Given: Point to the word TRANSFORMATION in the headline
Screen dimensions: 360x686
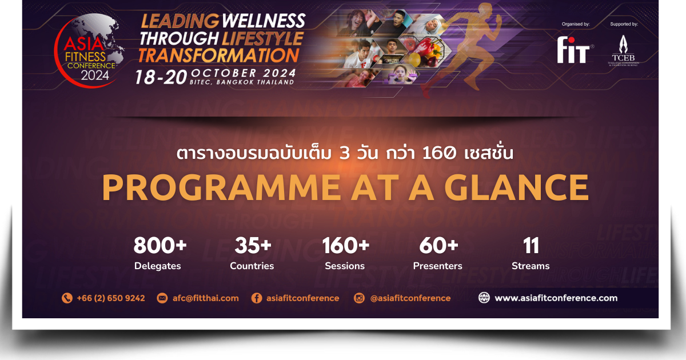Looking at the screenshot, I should (219, 55).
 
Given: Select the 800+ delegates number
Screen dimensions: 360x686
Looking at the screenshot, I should (160, 246).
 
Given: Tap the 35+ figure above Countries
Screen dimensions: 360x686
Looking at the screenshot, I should (253, 246).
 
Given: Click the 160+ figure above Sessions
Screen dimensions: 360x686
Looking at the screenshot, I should (345, 246).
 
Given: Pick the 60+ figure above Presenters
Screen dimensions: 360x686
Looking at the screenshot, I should (438, 246).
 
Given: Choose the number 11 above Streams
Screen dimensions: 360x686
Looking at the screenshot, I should (531, 246).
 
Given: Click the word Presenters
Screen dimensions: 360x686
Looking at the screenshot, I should (438, 266).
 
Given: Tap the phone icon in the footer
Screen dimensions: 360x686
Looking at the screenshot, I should (67, 298).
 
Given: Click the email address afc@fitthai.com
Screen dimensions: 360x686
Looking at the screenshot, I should (206, 298).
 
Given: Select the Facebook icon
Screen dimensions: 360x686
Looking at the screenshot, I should (257, 298).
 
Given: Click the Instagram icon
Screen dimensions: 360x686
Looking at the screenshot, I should (360, 298).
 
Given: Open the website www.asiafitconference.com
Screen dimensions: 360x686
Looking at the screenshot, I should (556, 298).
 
